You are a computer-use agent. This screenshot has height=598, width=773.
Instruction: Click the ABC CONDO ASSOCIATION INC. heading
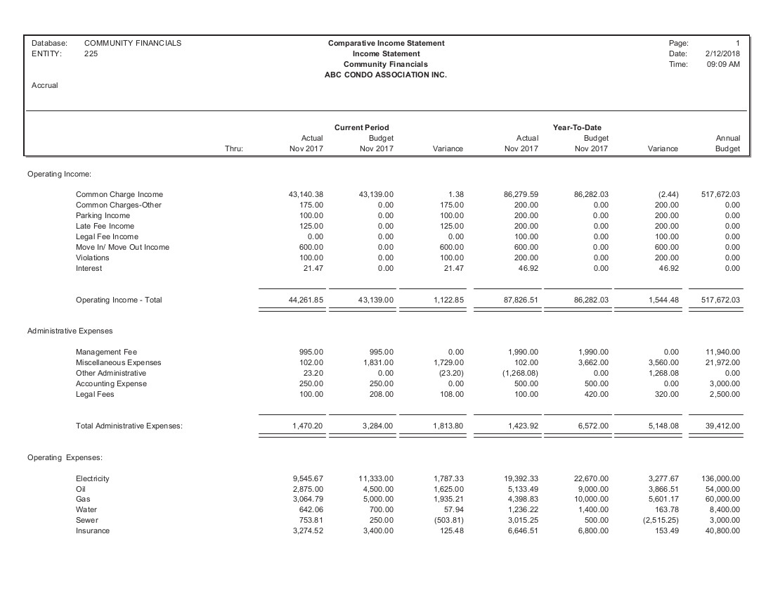(386, 75)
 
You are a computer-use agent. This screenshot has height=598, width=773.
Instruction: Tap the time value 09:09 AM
(723, 64)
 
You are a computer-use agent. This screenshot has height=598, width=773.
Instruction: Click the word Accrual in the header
(45, 85)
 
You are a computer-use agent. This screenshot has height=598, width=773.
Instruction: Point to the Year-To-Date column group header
(577, 127)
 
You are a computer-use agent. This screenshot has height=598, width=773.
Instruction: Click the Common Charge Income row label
(119, 194)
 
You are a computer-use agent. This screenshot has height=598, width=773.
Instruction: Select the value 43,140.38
(306, 194)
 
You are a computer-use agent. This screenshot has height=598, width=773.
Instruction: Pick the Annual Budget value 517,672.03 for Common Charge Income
(720, 194)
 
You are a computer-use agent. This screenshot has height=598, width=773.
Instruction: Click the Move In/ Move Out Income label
(122, 247)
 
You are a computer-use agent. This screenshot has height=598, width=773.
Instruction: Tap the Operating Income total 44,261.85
(306, 300)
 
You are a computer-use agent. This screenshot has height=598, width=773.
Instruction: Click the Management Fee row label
(106, 352)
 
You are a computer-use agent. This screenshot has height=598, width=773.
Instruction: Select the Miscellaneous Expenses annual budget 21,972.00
(723, 362)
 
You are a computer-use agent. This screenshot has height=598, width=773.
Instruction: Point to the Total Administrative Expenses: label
(129, 426)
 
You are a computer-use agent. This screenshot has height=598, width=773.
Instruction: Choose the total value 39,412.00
(723, 426)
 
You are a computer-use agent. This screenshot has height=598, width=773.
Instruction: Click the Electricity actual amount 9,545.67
(308, 478)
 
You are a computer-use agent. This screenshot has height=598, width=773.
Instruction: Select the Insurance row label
(93, 530)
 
